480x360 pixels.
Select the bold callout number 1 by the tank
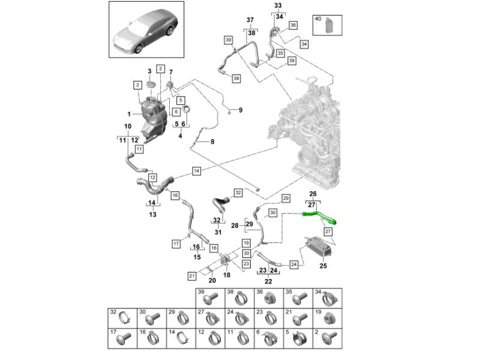coord(128,113)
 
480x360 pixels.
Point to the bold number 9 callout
coord(241,110)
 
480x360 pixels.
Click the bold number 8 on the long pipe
coord(211,142)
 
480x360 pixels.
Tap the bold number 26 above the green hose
coord(312,194)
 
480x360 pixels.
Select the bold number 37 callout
coord(250,20)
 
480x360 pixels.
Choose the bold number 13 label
coord(152,214)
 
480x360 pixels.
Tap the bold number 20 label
coord(212,281)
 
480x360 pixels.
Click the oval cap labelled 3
coord(152,83)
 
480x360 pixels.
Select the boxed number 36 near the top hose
coord(293,25)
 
